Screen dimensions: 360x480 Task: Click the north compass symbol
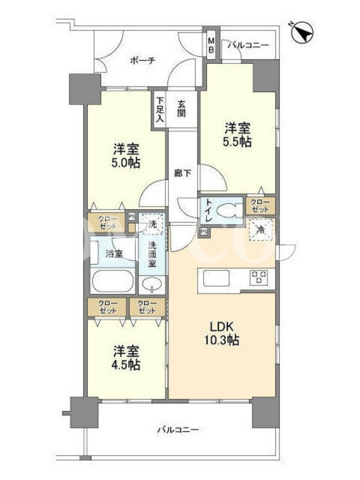(x=301, y=32)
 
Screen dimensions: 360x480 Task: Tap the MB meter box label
(x=211, y=46)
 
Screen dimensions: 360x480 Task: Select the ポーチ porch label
(x=142, y=61)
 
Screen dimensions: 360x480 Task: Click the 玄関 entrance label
(x=181, y=109)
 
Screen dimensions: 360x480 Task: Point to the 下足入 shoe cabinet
(x=160, y=110)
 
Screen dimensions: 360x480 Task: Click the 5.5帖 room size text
(x=238, y=142)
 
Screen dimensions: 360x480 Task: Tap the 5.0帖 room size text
(x=126, y=162)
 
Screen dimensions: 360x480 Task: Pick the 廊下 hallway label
(x=183, y=174)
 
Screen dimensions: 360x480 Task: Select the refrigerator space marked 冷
(x=261, y=229)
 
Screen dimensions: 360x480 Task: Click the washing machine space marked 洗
(x=152, y=224)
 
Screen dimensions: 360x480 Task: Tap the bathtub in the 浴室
(x=113, y=281)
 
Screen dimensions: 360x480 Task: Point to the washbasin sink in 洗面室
(x=152, y=284)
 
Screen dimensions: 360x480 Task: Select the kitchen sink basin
(x=216, y=278)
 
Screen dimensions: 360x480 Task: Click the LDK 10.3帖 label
(x=221, y=333)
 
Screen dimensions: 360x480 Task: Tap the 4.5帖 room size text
(x=126, y=365)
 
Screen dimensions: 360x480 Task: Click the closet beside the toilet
(x=260, y=206)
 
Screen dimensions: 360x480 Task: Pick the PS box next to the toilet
(x=203, y=232)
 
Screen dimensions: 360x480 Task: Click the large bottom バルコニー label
(x=178, y=430)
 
